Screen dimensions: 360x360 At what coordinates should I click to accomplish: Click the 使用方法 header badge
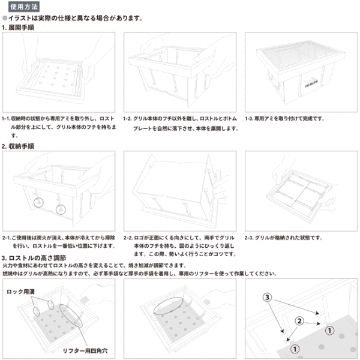[x=23, y=6]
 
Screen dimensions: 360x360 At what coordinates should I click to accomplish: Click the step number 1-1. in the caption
[x=10, y=119]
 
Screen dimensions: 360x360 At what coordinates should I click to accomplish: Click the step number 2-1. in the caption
[x=10, y=238]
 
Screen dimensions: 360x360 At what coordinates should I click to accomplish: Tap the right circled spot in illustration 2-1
[x=60, y=209]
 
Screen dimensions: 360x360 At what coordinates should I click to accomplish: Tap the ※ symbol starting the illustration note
[x=5, y=18]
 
